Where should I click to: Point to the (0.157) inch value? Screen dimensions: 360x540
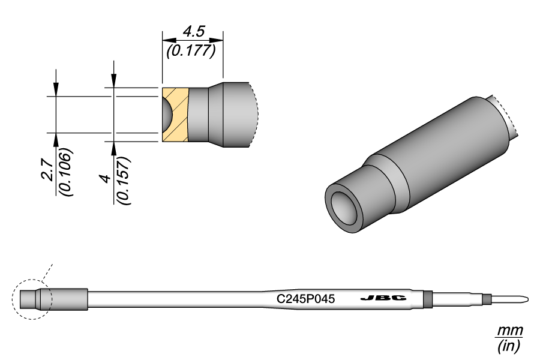(x=124, y=181)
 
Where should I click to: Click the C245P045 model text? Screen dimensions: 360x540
(x=305, y=298)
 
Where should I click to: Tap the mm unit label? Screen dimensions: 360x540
(x=509, y=331)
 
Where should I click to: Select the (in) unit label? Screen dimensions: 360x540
(x=509, y=346)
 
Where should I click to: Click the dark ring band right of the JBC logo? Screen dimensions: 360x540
(x=428, y=298)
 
